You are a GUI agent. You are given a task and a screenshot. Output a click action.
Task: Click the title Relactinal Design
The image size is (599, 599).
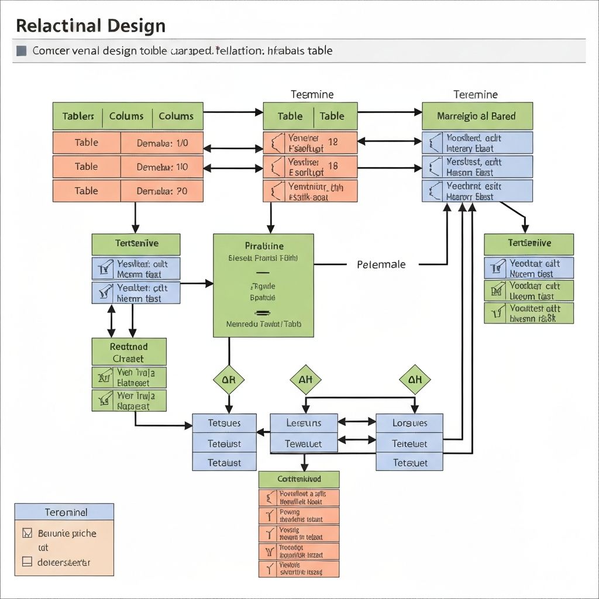pos(91,26)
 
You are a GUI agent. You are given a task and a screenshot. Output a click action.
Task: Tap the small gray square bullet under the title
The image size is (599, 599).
pos(22,51)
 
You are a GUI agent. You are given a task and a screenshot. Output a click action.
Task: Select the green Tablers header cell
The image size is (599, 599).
pos(78,116)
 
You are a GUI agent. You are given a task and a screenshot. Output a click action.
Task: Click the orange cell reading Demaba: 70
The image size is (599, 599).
pos(162,191)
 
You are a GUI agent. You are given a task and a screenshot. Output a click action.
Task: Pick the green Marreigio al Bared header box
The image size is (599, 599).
pos(477,116)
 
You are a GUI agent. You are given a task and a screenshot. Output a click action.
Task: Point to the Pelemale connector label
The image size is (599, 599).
pos(381,264)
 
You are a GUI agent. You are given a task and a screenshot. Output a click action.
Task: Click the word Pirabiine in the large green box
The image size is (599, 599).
pos(263,246)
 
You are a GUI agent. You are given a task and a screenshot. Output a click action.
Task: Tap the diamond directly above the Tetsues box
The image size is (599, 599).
pos(228,380)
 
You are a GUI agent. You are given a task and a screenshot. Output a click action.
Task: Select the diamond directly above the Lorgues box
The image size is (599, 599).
pos(415,380)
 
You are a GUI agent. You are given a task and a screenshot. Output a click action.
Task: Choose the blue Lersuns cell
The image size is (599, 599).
pos(304,423)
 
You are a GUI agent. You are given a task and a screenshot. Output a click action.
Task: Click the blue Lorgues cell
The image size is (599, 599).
pos(409,423)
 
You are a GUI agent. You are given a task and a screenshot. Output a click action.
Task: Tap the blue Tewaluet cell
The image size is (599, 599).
pos(304,443)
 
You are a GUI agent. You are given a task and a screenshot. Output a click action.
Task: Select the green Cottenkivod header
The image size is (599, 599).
pos(299,479)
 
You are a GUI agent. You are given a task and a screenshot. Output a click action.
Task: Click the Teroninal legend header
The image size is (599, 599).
pos(64,512)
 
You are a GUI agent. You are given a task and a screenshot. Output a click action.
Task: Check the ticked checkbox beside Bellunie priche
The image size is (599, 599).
pos(26,533)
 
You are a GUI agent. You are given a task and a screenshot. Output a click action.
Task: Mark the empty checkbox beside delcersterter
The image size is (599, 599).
pos(26,562)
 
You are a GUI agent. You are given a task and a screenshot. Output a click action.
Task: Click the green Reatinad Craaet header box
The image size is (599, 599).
pos(129,352)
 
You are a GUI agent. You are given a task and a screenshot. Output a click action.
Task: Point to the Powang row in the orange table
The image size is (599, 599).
pos(299,515)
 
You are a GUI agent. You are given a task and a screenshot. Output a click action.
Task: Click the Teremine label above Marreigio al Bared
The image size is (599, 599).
pos(476,94)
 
